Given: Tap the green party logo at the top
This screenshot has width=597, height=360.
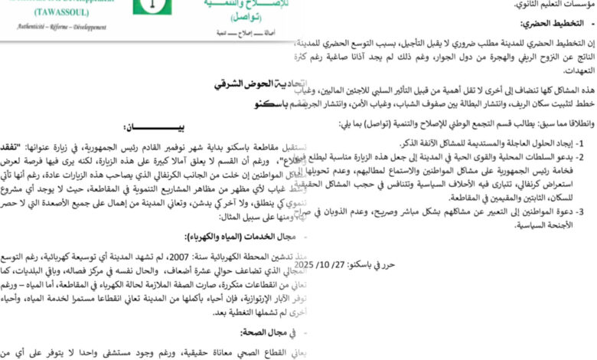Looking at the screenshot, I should pyautogui.click(x=152, y=7).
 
